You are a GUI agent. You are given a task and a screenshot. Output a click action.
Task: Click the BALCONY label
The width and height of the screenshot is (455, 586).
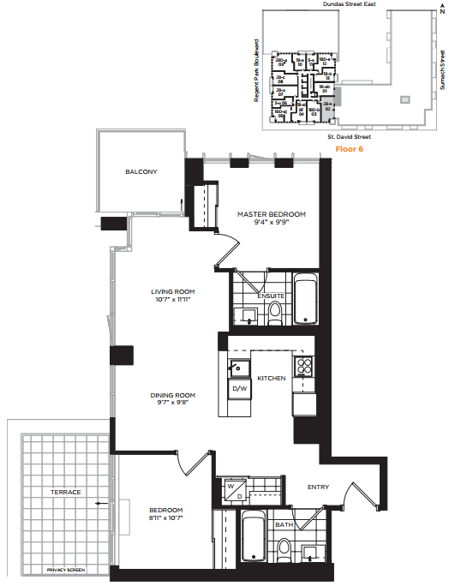(x=141, y=172)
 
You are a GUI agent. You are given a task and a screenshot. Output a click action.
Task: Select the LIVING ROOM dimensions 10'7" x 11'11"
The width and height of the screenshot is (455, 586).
(x=168, y=301)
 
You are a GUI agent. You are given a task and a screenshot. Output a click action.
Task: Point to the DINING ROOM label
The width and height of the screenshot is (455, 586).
(x=172, y=395)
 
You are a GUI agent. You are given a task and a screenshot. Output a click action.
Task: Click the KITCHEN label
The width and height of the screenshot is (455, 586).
(x=272, y=378)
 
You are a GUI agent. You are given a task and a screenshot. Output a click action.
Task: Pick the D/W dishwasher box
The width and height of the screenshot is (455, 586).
(x=240, y=389)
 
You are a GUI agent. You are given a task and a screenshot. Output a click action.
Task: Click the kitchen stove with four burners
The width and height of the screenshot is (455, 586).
(x=304, y=367)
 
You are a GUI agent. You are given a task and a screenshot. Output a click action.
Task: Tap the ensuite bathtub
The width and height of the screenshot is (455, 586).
(x=306, y=299)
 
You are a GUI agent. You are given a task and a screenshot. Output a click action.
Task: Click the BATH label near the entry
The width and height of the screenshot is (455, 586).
(x=284, y=524)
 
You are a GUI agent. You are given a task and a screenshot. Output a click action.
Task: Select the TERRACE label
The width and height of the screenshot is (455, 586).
(x=66, y=492)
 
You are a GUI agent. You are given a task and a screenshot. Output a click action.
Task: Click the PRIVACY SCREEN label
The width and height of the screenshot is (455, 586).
(x=67, y=569)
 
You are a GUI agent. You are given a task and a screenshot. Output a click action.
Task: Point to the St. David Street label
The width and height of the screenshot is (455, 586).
(x=348, y=136)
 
